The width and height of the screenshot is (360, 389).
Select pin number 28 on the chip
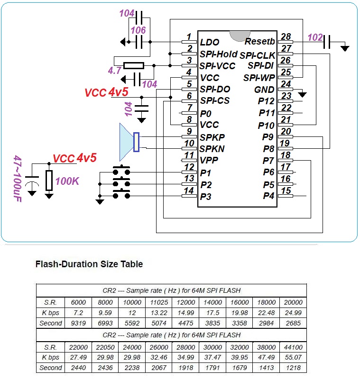pyautogui.click(x=286, y=36)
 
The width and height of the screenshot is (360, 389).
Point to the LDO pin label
pyautogui.click(x=209, y=42)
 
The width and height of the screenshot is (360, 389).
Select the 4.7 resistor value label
pyautogui.click(x=114, y=70)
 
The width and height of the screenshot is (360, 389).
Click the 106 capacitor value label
pyautogui.click(x=138, y=29)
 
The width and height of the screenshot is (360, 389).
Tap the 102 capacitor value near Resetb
pyautogui.click(x=315, y=37)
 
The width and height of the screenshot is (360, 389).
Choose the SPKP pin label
pyautogui.click(x=212, y=137)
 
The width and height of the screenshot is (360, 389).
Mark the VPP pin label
pyautogui.click(x=209, y=160)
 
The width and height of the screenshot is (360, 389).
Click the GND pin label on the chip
pyautogui.click(x=264, y=90)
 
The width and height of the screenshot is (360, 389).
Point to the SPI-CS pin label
pyautogui.click(x=215, y=100)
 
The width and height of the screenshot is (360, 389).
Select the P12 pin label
pyautogui.click(x=266, y=101)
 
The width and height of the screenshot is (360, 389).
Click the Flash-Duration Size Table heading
pyautogui.click(x=89, y=264)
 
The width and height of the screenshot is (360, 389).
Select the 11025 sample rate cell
pyautogui.click(x=159, y=302)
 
